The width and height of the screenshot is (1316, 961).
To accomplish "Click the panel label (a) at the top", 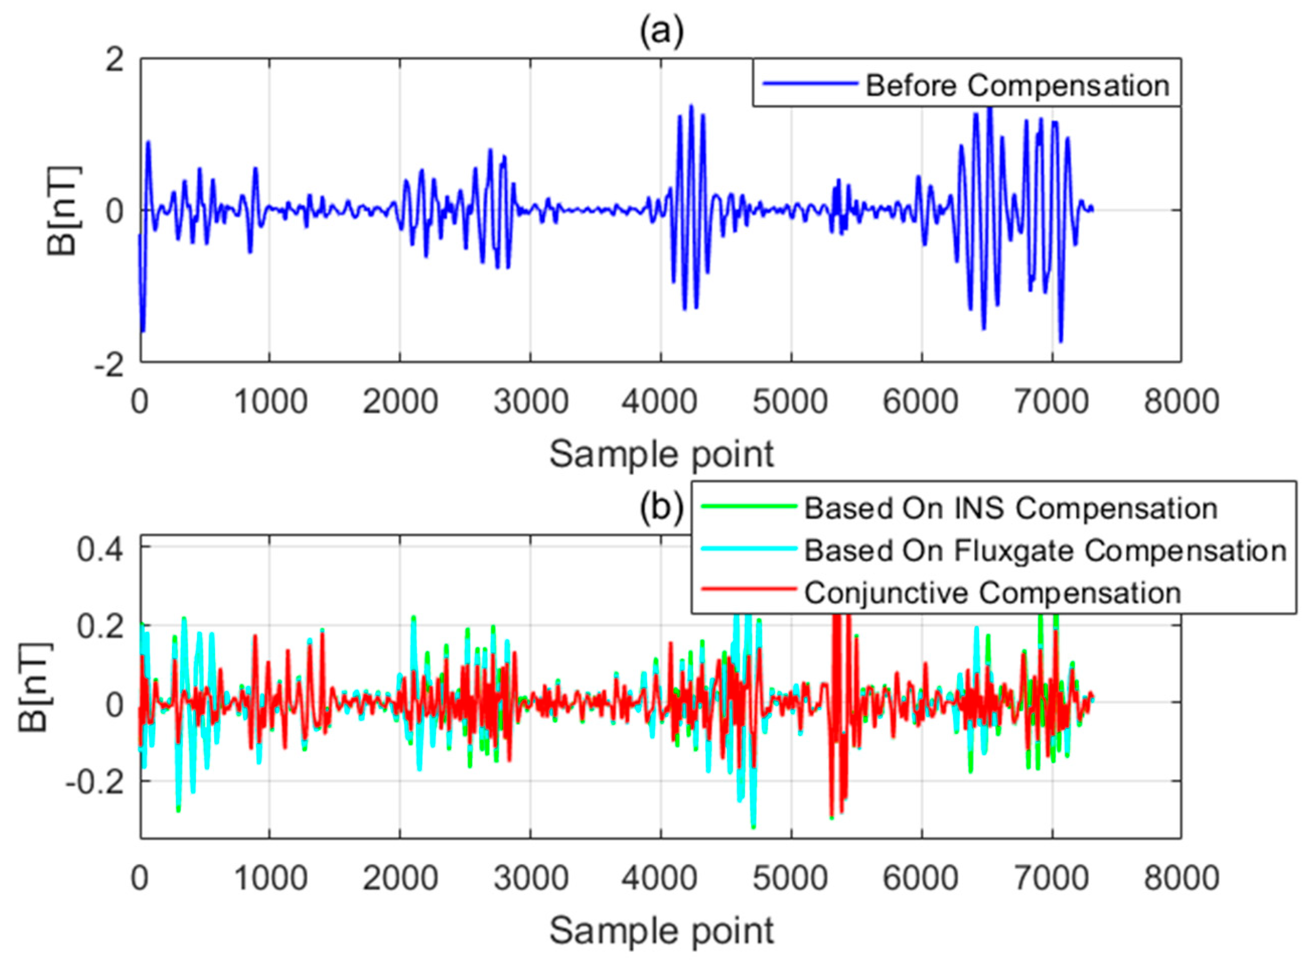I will pyautogui.click(x=661, y=33).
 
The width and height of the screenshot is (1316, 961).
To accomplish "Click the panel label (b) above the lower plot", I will pyautogui.click(x=661, y=508).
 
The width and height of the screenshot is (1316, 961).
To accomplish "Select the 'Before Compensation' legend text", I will pyautogui.click(x=1018, y=86).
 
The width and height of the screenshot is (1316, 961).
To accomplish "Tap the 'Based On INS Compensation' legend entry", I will pyautogui.click(x=1011, y=508).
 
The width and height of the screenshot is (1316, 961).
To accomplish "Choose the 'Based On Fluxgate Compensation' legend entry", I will pyautogui.click(x=1045, y=550).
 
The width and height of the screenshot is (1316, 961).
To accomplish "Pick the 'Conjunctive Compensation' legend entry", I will pyautogui.click(x=992, y=593).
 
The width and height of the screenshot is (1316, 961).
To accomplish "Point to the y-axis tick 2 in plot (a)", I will pyautogui.click(x=115, y=60).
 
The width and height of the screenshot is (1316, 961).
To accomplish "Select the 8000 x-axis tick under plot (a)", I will pyautogui.click(x=1181, y=402).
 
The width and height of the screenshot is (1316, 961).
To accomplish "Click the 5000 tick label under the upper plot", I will pyautogui.click(x=790, y=402).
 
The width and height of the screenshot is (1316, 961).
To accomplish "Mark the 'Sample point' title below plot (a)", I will pyautogui.click(x=661, y=454).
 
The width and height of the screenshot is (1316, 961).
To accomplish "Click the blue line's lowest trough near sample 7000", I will pyautogui.click(x=1060, y=342).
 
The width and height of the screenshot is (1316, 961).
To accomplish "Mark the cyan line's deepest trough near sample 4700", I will pyautogui.click(x=753, y=827).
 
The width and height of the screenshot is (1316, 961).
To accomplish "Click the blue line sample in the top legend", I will pyautogui.click(x=810, y=84).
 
